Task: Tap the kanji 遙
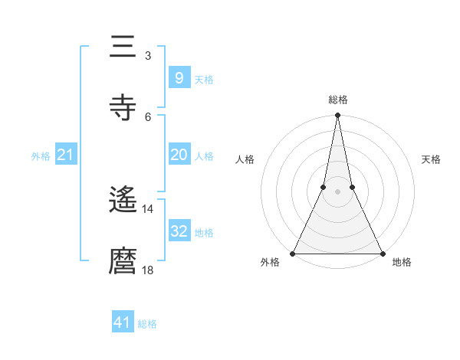tap(123, 201)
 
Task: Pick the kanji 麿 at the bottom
tap(123, 260)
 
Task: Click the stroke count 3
tap(147, 56)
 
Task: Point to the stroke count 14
tap(147, 208)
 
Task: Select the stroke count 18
tap(147, 269)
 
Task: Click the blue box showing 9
tap(179, 77)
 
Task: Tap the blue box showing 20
tap(179, 155)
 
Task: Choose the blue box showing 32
tap(179, 231)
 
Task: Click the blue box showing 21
tap(66, 155)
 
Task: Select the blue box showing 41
tap(123, 322)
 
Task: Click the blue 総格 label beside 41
tap(147, 324)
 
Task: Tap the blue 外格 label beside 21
tap(41, 156)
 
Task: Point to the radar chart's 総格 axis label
tap(338, 100)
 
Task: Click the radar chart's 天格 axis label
tap(431, 159)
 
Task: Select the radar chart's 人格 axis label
tap(245, 159)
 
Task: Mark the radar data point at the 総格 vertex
tap(337, 116)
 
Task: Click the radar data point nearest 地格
tap(382, 253)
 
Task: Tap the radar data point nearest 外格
tap(293, 253)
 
